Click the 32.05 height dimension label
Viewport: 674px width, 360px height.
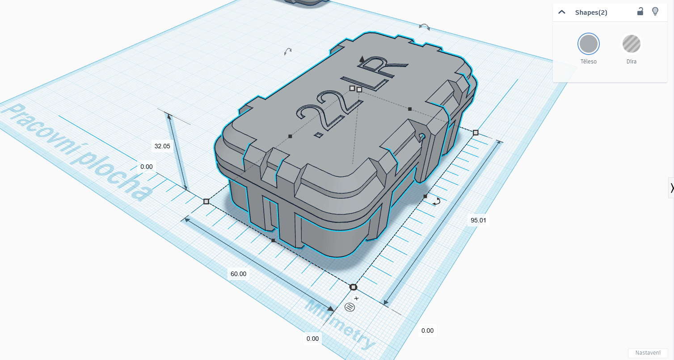pos(162,146)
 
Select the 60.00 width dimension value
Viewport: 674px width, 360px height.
pos(238,274)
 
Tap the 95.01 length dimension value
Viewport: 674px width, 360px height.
pos(478,221)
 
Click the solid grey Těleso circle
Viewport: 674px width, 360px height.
pos(588,44)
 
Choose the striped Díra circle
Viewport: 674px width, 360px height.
pos(631,44)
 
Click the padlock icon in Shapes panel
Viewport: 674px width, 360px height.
pos(640,12)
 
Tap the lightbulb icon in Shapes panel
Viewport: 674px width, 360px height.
pos(655,12)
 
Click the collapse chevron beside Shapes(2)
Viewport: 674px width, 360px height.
pos(562,13)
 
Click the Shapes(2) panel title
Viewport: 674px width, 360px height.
pos(591,13)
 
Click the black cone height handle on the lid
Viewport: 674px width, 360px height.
pos(362,59)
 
